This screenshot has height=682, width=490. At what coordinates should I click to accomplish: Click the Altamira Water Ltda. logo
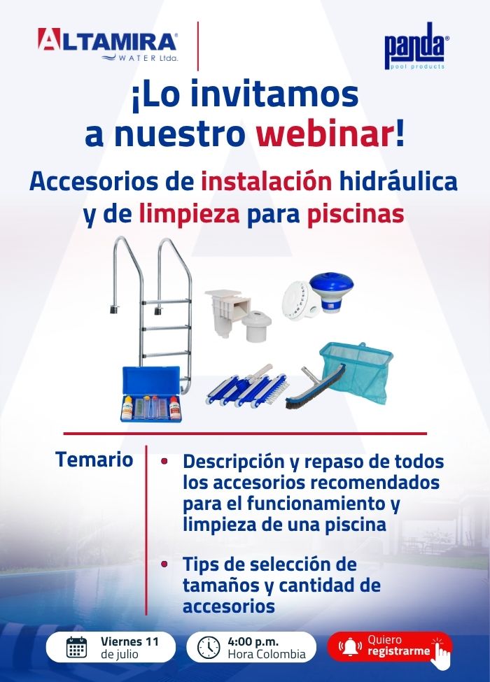click(x=108, y=45)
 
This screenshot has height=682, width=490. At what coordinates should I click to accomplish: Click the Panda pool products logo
click(x=416, y=45)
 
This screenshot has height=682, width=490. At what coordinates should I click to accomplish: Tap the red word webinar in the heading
click(x=325, y=134)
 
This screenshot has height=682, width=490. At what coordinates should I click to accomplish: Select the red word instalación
click(x=266, y=182)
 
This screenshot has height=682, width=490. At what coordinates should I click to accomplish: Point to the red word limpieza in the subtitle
click(x=189, y=215)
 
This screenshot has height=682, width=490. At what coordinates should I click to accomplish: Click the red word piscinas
click(x=356, y=215)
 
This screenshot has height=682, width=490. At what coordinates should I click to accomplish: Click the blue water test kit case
click(x=150, y=394)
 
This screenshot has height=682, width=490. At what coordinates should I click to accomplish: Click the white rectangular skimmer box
click(x=227, y=312)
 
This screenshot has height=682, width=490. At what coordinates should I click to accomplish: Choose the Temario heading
click(x=94, y=460)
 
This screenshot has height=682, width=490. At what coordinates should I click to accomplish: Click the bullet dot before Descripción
click(x=164, y=461)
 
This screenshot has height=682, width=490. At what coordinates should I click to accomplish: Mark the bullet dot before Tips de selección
click(x=164, y=564)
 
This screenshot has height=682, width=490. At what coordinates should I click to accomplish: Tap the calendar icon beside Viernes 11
click(x=76, y=647)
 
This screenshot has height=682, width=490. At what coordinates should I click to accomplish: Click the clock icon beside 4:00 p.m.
click(x=209, y=647)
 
